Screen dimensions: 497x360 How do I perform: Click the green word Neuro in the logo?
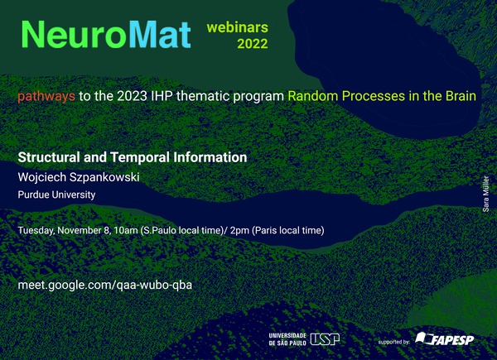coord(75,35)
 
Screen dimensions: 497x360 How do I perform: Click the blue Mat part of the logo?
coord(160,35)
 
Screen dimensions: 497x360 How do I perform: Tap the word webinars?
coord(238,27)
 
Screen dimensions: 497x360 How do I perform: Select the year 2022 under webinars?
coord(253,44)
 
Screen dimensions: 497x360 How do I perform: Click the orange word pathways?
coord(46,96)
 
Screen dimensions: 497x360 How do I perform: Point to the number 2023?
coord(132,96)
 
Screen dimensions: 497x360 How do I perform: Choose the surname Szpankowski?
coord(104,177)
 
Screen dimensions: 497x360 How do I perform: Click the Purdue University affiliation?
coord(56,194)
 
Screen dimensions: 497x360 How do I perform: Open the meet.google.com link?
coord(105,285)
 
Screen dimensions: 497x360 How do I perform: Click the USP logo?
coord(325,339)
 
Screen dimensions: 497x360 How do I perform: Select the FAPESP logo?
coord(445,339)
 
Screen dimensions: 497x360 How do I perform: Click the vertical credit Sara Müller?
coord(485,194)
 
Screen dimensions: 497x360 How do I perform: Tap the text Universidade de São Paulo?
coord(287,339)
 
